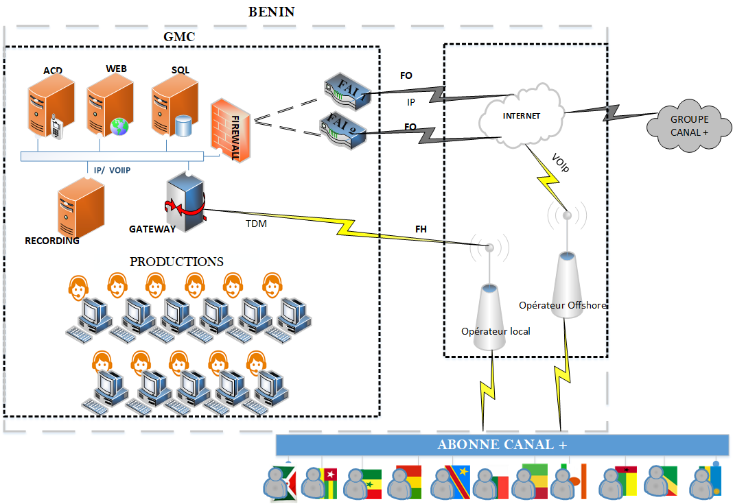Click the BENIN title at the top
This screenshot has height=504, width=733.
[x=271, y=12]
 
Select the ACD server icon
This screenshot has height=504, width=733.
[x=49, y=107]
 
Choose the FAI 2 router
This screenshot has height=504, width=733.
[x=343, y=130]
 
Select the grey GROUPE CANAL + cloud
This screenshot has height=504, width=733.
[x=689, y=126]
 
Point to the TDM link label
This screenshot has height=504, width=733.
[x=257, y=224]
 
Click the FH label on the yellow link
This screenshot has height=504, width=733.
[x=421, y=229]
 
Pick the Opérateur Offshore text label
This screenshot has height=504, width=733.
[x=563, y=305]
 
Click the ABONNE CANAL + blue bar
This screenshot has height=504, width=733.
[x=502, y=444]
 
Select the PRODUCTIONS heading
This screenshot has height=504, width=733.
[x=176, y=262]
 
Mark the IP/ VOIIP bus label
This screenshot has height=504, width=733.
[x=114, y=169]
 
